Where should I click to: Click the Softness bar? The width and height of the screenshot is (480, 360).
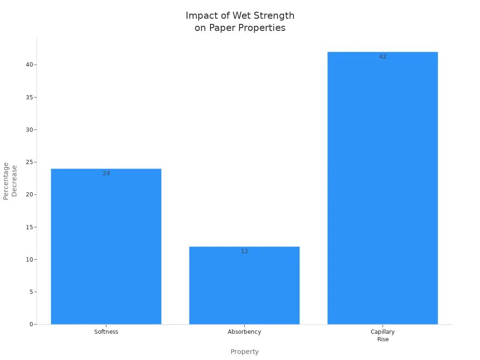tap(106, 246)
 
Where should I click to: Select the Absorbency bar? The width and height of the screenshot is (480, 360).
tap(244, 285)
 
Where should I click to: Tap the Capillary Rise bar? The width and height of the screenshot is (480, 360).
tap(382, 187)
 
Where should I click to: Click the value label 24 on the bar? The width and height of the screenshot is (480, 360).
tap(106, 173)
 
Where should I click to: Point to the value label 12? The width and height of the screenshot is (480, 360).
tap(245, 251)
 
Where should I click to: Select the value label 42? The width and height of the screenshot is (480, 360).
tap(383, 57)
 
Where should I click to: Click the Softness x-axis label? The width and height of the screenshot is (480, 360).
tap(106, 332)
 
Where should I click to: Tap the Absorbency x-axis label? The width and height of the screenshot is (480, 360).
tap(244, 332)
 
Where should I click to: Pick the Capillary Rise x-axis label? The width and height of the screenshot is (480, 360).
tap(382, 335)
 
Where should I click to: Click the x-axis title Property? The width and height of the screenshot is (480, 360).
tap(244, 352)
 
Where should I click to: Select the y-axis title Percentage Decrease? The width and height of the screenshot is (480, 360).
tap(10, 181)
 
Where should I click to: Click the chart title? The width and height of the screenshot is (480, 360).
tap(240, 22)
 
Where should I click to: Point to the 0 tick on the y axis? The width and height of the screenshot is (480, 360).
tap(31, 324)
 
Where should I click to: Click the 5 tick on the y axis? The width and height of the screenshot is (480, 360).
tap(31, 292)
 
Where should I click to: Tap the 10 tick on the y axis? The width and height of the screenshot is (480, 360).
tap(29, 260)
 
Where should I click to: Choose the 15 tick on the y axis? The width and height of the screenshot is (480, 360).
tap(29, 227)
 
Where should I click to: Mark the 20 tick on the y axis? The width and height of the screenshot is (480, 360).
tap(29, 195)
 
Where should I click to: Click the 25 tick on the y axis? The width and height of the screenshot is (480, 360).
tap(29, 162)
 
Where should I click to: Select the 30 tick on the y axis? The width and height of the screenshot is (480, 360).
tap(29, 130)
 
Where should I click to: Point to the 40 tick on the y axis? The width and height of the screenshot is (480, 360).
tap(29, 65)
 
